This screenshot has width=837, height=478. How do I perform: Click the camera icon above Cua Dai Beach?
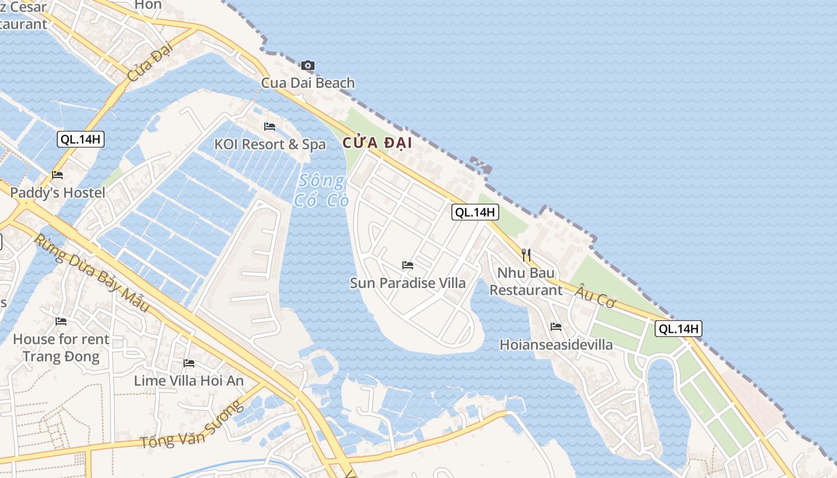[308, 65]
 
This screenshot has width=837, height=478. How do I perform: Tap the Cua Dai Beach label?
[308, 82]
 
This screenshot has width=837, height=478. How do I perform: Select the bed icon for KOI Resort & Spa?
[270, 127]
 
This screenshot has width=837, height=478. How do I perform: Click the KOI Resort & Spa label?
[270, 145]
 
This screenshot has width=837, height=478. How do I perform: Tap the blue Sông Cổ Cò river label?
[322, 190]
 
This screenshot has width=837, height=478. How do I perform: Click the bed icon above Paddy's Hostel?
[57, 175]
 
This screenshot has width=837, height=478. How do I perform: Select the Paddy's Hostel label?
[57, 192]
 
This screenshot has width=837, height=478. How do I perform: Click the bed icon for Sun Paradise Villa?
[408, 265]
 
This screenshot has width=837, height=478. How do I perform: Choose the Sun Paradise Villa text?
[408, 283]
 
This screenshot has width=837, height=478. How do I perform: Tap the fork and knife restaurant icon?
[526, 255]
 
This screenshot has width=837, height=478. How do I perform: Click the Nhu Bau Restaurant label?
[526, 281]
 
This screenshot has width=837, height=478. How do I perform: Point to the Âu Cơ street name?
[595, 296]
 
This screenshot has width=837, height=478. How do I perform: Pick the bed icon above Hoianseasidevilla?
[556, 327]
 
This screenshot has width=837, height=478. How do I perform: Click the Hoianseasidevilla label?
[556, 345]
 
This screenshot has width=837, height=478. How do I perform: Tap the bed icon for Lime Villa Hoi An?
[189, 363]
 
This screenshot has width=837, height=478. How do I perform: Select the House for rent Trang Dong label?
[61, 348]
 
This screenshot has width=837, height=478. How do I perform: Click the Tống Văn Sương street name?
[192, 425]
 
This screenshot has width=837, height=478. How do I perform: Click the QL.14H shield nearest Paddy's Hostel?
[81, 140]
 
